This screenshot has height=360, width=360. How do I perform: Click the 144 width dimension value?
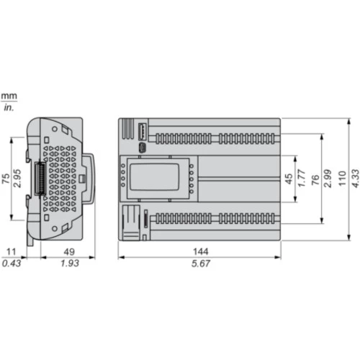point(201,251)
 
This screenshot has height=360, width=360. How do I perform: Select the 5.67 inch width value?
point(201,264)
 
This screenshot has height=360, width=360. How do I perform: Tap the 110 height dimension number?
point(342,179)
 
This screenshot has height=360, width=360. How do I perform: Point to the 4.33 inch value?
point(356,179)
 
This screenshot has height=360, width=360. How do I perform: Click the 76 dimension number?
point(315,180)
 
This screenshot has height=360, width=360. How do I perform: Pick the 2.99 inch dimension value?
point(328,179)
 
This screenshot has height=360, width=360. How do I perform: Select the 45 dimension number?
point(289,179)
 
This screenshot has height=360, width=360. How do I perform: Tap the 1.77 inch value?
point(302,178)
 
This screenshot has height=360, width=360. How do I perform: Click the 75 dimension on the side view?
point(6,179)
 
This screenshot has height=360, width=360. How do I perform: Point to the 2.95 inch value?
point(17,179)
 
